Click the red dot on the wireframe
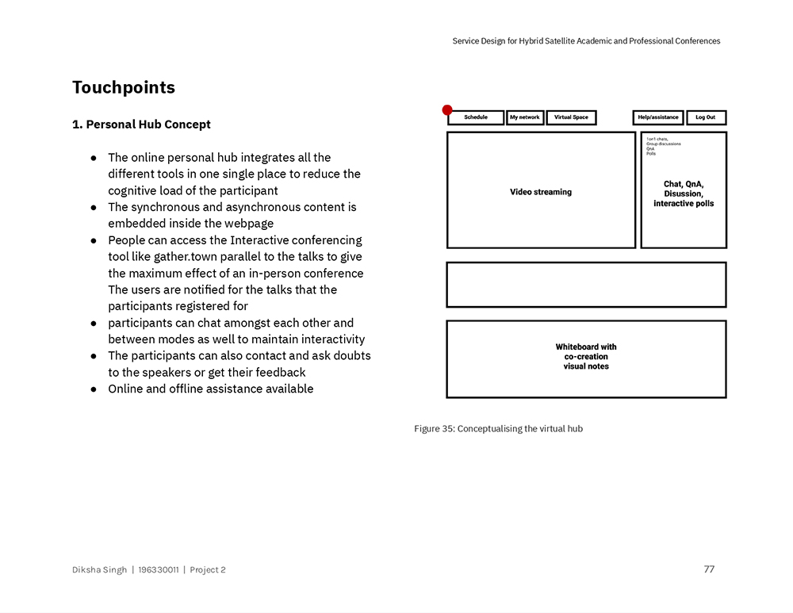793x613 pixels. (447, 110)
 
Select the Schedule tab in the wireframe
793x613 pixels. (476, 117)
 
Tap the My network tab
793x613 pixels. (524, 117)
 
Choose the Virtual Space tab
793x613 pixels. (571, 117)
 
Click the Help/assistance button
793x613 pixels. (657, 117)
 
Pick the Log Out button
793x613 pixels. (705, 117)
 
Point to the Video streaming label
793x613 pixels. (541, 192)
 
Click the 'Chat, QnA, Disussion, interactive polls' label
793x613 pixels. (683, 193)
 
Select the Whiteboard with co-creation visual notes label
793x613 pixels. (586, 357)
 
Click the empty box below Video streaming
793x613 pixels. (586, 285)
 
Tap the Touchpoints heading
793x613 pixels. (124, 87)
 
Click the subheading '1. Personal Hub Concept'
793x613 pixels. (141, 125)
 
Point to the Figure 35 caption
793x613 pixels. (498, 429)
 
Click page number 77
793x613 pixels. (709, 569)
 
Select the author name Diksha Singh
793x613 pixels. (99, 569)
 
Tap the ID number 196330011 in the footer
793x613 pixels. (159, 569)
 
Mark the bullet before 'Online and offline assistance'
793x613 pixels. (93, 389)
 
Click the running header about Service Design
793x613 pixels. (586, 41)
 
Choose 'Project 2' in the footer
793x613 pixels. (208, 569)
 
